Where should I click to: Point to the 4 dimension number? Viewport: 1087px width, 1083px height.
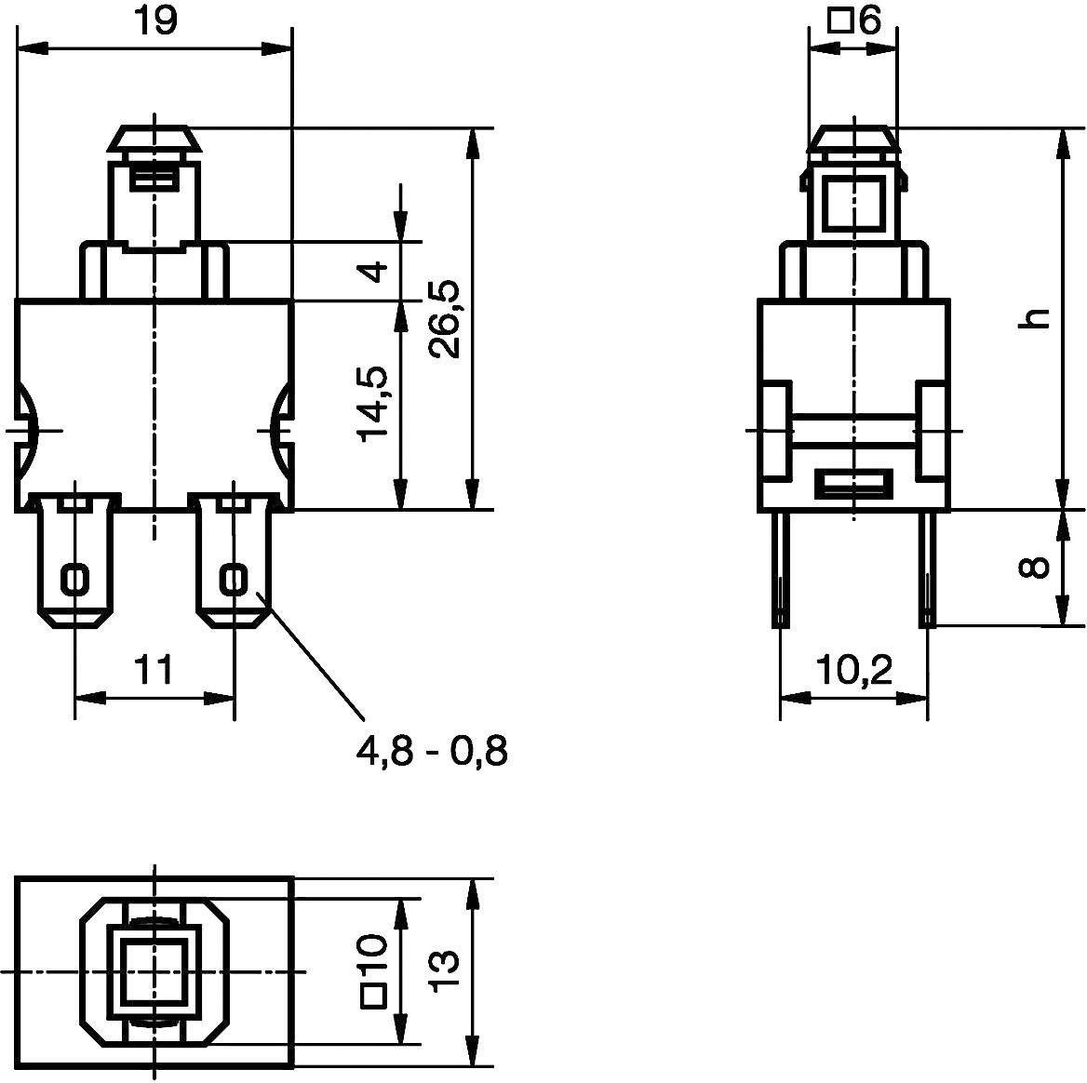pos(372,272)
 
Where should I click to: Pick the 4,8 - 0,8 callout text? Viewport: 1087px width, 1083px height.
pos(432,750)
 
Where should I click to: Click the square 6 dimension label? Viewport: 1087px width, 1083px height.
pos(853,20)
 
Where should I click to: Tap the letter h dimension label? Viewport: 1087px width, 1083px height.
pos(1034,318)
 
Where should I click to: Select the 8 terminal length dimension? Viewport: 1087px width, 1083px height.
pos(1034,568)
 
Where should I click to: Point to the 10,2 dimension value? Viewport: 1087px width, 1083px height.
pos(853,669)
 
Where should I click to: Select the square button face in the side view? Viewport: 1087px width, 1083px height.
pos(853,201)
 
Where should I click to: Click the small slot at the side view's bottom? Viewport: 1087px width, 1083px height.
pos(853,484)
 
